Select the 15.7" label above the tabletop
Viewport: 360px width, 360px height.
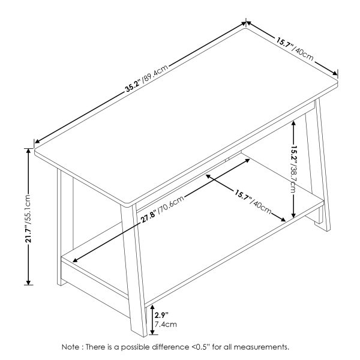284,43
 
